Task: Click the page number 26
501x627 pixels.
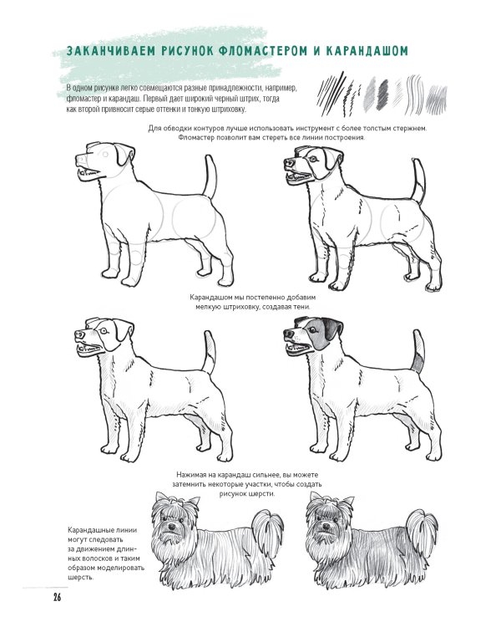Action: point(57,598)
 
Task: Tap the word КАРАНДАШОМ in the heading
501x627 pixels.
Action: point(367,51)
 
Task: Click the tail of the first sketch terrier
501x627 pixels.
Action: point(210,176)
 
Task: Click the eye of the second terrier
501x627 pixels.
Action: point(312,159)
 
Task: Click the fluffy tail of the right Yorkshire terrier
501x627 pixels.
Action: point(422,527)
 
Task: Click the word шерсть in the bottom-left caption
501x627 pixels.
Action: point(80,578)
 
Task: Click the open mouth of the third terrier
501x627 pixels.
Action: point(89,349)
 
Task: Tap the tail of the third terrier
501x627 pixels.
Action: point(209,352)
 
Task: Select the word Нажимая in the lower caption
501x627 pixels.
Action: point(190,475)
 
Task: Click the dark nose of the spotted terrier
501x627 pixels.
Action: point(288,333)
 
